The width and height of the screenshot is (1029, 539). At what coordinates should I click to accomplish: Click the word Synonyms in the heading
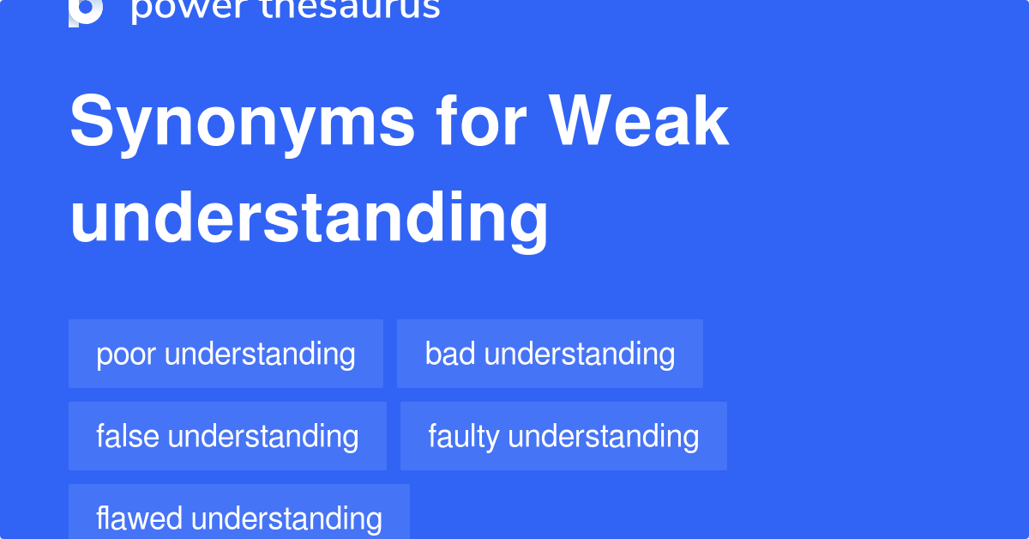(243, 123)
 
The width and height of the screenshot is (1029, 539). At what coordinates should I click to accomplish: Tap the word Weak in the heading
(639, 121)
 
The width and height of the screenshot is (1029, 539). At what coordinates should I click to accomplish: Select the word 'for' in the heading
(481, 121)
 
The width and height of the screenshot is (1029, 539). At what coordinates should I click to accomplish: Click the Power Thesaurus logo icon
(86, 10)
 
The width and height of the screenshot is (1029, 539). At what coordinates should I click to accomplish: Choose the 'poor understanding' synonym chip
(226, 354)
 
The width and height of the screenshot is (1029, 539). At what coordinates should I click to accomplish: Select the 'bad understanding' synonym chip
(550, 354)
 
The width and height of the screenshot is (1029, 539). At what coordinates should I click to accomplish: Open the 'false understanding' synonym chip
(227, 436)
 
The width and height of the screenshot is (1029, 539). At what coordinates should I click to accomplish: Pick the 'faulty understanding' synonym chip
(563, 436)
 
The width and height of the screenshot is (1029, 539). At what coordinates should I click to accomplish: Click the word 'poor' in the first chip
(126, 354)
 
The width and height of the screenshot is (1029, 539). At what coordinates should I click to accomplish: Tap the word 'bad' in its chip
(450, 354)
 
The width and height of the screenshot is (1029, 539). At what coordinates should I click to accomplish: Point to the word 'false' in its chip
(128, 436)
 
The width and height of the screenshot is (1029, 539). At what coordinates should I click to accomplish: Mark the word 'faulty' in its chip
(464, 436)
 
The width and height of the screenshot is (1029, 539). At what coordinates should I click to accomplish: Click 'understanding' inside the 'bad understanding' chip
(580, 354)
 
